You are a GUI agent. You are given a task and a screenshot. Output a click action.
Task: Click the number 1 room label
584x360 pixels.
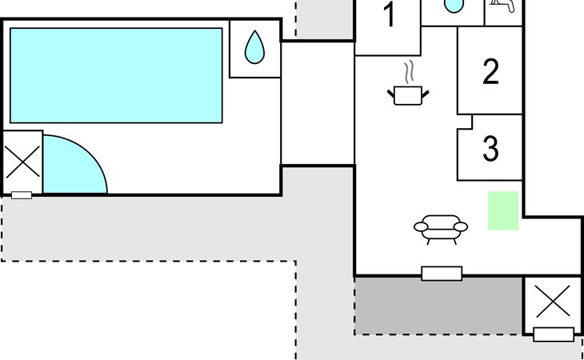click(390, 16)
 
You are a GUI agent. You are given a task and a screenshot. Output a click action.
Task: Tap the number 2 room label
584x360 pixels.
click(490, 73)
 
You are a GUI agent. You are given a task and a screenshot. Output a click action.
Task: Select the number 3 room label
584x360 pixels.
click(490, 148)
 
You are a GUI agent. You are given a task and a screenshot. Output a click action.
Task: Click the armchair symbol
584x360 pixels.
click(440, 227)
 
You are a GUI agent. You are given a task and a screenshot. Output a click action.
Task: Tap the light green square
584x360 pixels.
click(503, 210)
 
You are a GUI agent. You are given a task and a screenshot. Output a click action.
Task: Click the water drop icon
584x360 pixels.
click(254, 47)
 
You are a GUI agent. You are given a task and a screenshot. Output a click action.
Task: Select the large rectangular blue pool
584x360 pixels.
click(116, 75)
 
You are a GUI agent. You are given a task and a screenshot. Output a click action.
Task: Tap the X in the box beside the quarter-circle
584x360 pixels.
click(22, 162)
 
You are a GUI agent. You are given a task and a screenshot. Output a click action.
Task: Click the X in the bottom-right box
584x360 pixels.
click(552, 303)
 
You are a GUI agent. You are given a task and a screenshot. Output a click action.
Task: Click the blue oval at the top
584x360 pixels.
click(454, 6)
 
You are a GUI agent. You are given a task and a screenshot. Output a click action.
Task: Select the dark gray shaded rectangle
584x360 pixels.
click(438, 306)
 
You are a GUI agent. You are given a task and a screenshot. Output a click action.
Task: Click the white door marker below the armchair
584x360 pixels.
click(442, 274)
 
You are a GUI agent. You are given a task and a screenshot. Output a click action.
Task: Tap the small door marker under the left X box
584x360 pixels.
click(22, 194)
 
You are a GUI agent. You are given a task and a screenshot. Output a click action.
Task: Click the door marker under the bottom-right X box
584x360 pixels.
click(554, 334)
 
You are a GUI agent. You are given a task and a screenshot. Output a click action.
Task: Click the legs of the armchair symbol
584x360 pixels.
click(440, 239)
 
